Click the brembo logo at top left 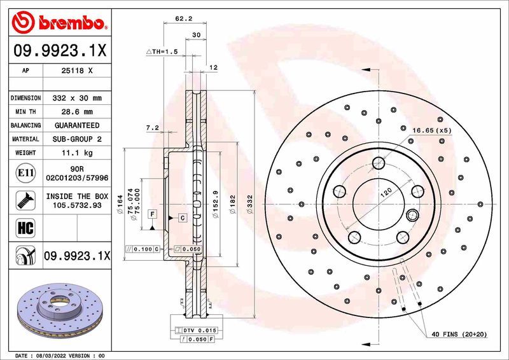59,24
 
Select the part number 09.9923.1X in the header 59,50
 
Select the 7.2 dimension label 153,128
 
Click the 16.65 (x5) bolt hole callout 432,130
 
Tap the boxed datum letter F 153,214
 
